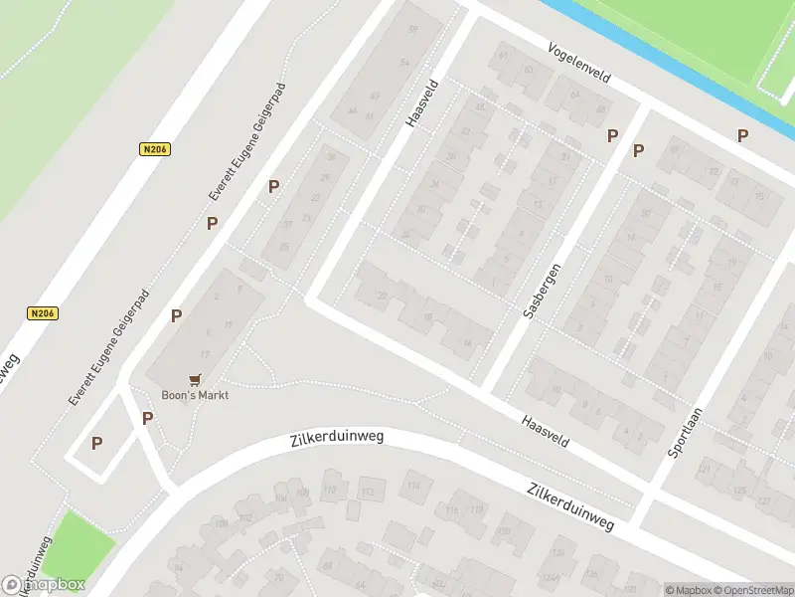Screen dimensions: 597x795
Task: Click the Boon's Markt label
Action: [x=196, y=395]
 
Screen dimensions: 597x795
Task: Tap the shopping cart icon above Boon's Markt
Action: [x=195, y=379]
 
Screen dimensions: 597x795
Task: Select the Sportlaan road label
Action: [x=686, y=431]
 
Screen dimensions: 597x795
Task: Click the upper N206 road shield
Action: [x=153, y=149]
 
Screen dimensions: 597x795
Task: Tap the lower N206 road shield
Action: [x=43, y=312]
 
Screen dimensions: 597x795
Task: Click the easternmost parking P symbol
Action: [x=742, y=136]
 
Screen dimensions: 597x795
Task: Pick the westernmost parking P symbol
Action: [x=96, y=444]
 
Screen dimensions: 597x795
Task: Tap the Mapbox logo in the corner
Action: [x=44, y=585]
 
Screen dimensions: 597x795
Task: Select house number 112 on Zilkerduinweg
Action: [x=368, y=493]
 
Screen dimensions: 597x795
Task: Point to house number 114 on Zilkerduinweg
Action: [x=412, y=486]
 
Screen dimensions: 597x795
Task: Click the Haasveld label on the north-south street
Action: [x=421, y=103]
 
